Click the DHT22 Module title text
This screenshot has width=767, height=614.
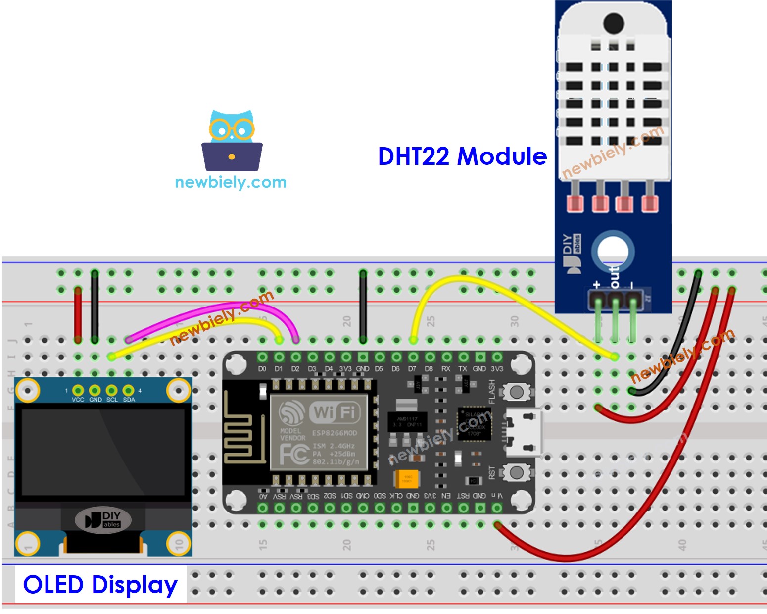click(462, 156)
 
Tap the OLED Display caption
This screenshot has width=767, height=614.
click(100, 585)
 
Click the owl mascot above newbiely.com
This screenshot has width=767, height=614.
click(232, 141)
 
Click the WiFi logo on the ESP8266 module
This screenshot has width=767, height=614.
click(335, 412)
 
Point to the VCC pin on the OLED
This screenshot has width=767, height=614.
click(78, 391)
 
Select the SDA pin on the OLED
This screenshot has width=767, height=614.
click(129, 391)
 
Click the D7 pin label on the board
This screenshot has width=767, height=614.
click(412, 369)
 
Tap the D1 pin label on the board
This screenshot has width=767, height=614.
click(279, 369)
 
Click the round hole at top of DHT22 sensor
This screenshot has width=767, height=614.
click(614, 22)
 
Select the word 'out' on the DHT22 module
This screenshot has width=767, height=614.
click(614, 277)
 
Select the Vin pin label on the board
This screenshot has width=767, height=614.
click(496, 496)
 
